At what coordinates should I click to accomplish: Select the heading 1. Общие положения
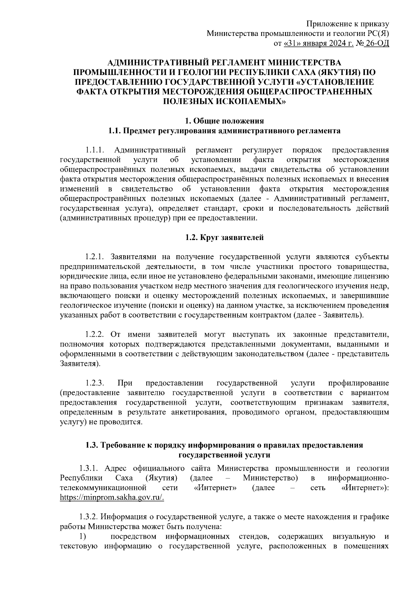224,121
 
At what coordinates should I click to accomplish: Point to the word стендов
254,536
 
